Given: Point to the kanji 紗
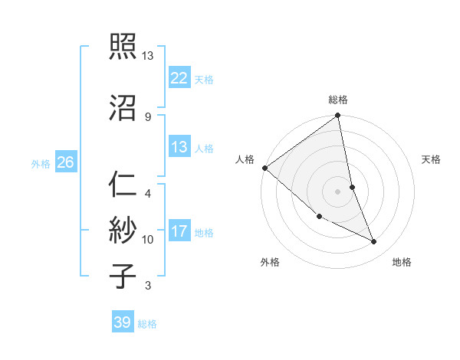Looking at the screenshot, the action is pos(123,229).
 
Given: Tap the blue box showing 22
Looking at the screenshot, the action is pos(179,77).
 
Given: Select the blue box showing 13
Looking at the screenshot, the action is pos(179,147).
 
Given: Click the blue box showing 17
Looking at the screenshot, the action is pos(179,231).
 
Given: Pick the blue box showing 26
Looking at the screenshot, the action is pos(65,162).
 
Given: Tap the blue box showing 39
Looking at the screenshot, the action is pos(123,322).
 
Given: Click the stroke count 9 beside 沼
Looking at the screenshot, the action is pos(147,116).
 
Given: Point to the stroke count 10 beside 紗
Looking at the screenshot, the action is pos(148,239).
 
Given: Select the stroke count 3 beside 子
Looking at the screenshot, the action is pos(147,286).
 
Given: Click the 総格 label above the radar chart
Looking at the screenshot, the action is pos(338,100).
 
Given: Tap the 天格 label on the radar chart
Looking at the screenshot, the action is pos(432,159).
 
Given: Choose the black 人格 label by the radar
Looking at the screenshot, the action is pos(245,159).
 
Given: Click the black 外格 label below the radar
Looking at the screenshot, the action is pos(270,262).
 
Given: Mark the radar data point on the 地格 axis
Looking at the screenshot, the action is pos(374,242).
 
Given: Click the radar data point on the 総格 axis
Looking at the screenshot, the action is pos(338,116).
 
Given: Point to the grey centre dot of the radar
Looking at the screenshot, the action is pos(338,191).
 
